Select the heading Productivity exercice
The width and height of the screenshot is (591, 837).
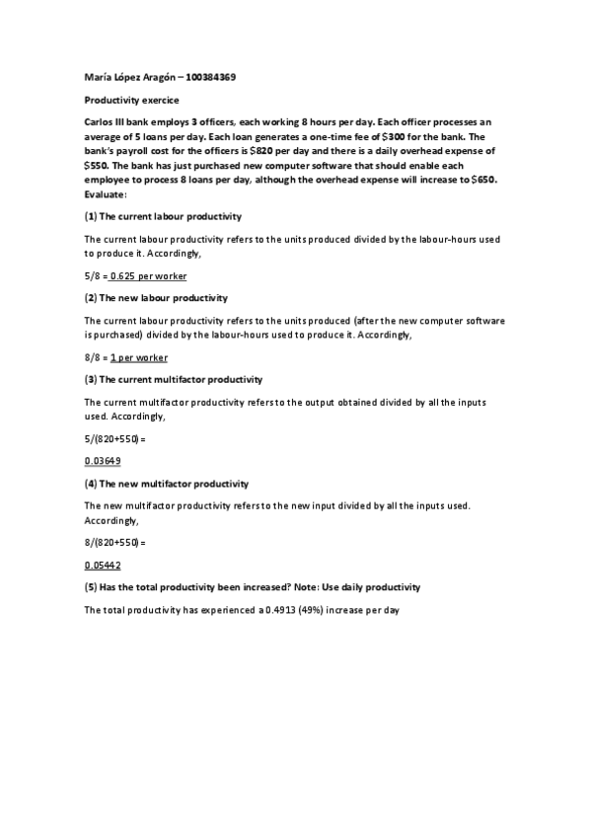click(122, 100)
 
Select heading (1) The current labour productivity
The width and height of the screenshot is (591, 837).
click(163, 215)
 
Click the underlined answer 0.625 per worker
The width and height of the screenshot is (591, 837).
click(148, 276)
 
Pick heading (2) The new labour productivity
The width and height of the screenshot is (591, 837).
click(156, 297)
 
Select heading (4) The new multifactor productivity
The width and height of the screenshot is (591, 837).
click(166, 484)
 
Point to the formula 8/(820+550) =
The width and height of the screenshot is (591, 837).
click(114, 542)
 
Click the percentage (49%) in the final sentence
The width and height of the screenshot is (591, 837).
click(314, 610)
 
